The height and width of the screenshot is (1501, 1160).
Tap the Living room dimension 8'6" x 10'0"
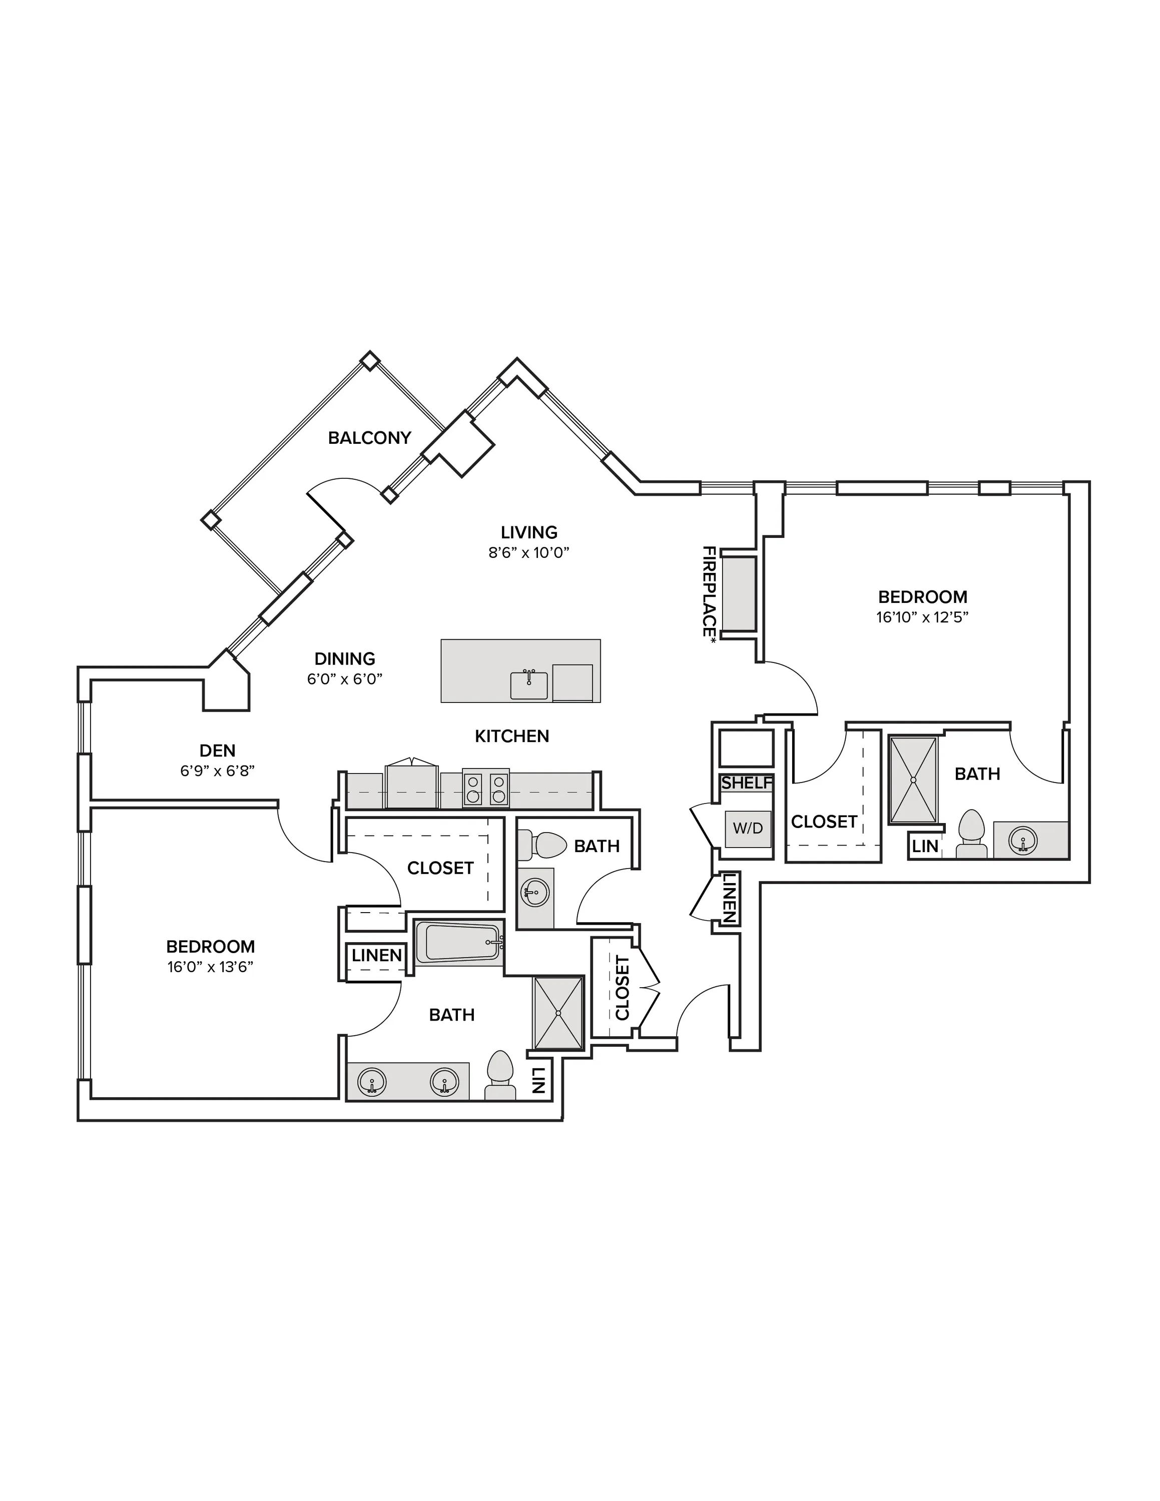(x=529, y=552)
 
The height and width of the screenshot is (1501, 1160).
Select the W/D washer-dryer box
(x=748, y=828)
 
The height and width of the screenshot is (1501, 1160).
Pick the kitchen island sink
(x=529, y=685)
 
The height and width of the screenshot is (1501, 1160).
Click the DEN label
(x=217, y=750)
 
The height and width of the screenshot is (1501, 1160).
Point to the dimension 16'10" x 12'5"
(x=922, y=617)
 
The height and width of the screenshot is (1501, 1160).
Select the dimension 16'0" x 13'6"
(x=210, y=967)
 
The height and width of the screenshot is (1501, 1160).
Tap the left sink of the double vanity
(x=372, y=1082)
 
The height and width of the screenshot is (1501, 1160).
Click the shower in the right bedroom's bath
(x=913, y=780)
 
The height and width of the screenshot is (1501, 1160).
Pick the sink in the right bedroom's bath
(x=1022, y=841)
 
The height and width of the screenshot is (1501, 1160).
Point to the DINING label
(x=345, y=659)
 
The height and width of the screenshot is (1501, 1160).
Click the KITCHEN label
(x=512, y=736)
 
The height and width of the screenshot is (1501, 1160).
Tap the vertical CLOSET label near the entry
(x=623, y=988)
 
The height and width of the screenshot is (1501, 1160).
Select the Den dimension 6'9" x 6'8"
(x=217, y=771)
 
